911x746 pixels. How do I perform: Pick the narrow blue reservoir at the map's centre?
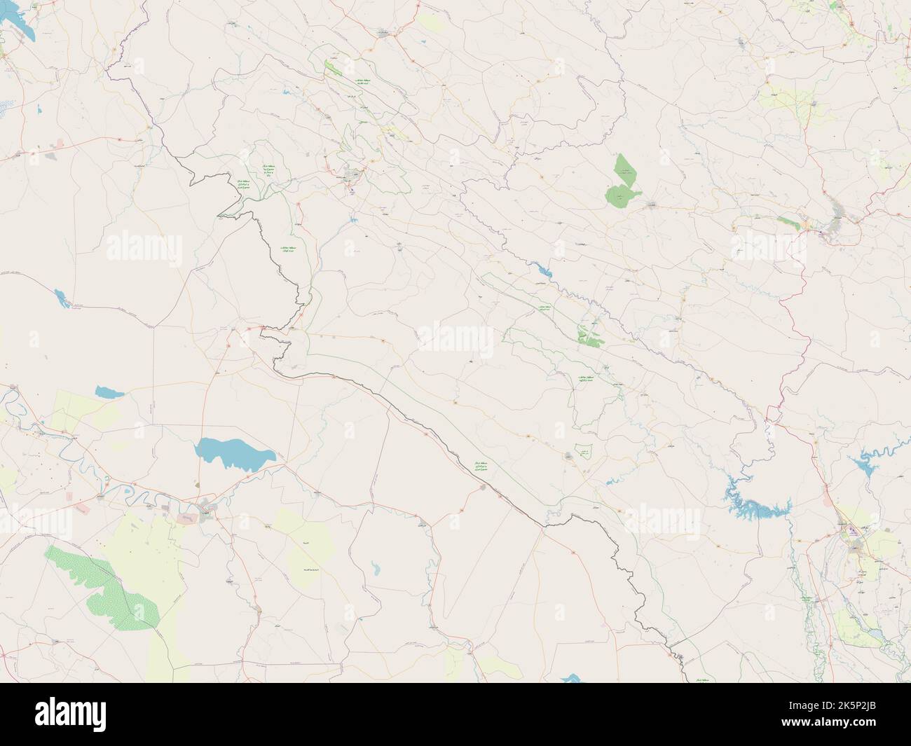click(542, 269)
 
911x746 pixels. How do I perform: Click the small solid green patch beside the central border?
click(590, 336)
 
